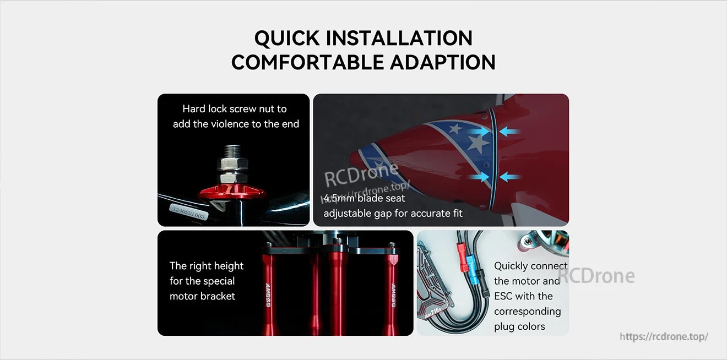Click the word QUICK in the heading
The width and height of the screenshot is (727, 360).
click(286, 38)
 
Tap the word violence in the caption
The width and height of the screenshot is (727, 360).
click(229, 124)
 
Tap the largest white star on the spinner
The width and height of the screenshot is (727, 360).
click(478, 144)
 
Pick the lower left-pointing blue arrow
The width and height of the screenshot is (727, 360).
click(511, 177)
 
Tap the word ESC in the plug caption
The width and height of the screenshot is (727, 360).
click(503, 296)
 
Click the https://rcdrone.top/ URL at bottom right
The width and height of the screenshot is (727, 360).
click(664, 336)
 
